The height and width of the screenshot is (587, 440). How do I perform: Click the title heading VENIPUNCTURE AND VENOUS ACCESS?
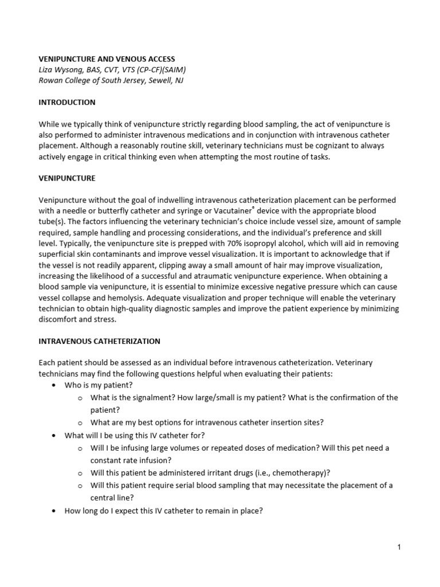pos(107,59)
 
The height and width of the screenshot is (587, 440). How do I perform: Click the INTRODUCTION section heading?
pos(66,103)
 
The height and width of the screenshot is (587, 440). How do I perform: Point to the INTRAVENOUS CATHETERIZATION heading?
pos(99,341)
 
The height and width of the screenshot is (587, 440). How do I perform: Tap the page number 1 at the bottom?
pos(399,547)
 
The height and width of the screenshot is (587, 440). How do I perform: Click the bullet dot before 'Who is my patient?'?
pos(53,385)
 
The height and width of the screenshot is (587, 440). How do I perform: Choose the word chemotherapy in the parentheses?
pos(302,473)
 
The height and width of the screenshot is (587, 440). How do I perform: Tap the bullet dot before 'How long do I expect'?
pos(53,510)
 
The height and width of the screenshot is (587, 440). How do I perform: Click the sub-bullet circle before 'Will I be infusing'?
pos(80,448)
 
